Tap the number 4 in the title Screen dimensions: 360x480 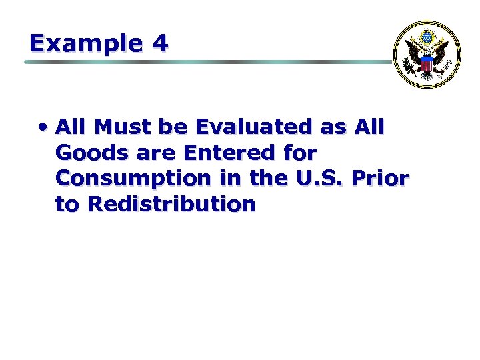pos(160,43)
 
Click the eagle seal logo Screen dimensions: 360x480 pos(427,55)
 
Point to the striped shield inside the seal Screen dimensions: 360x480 pos(427,64)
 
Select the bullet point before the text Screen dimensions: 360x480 pos(43,127)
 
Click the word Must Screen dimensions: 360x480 pos(125,127)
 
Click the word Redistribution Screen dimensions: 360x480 pos(171,204)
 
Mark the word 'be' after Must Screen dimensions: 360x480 pos(177,127)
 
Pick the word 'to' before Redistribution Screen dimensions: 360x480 pos(67,204)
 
